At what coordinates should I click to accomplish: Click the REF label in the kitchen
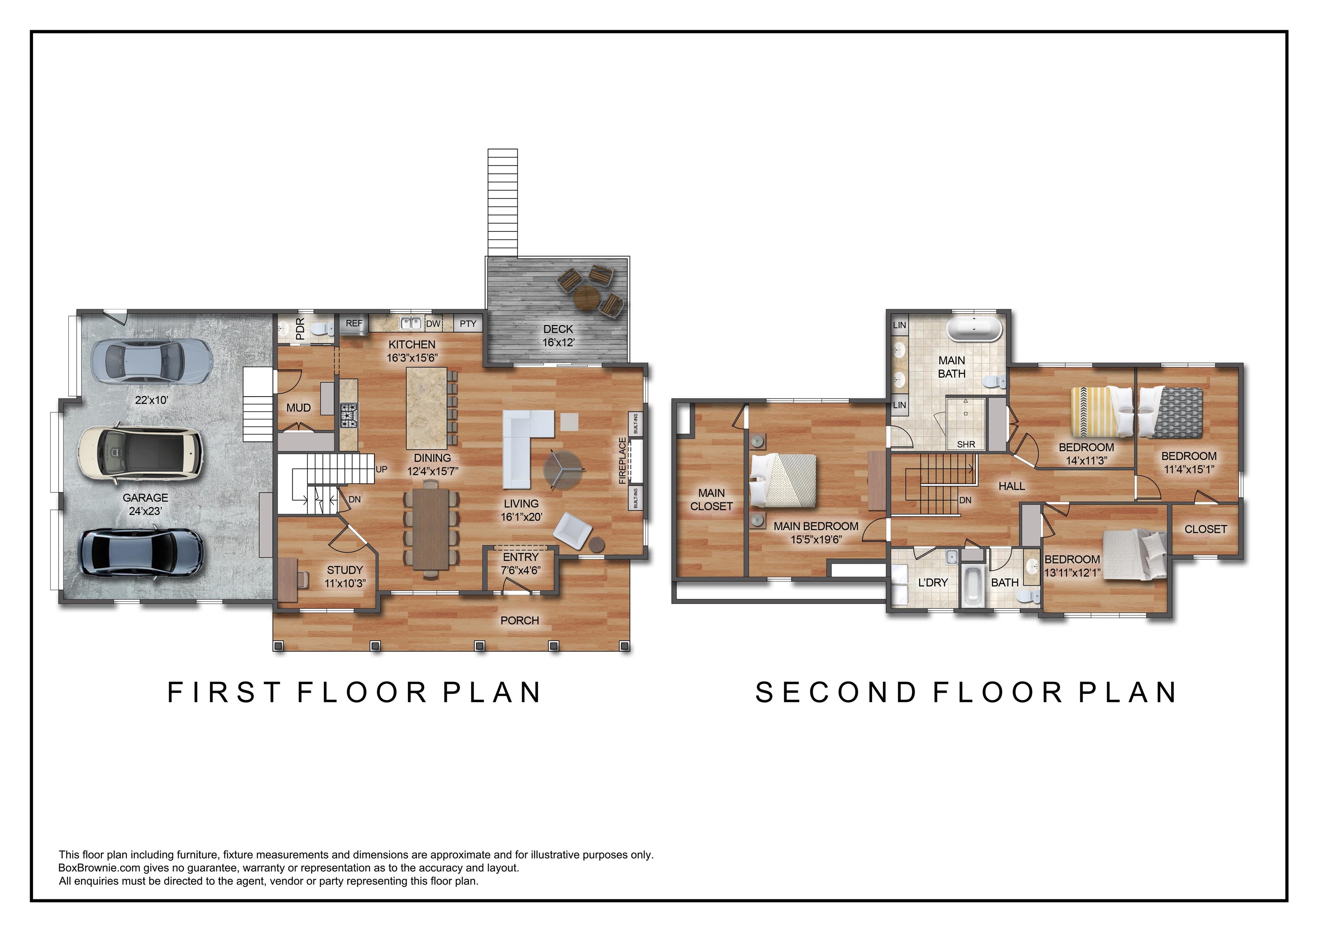(x=354, y=323)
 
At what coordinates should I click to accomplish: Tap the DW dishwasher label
(x=433, y=324)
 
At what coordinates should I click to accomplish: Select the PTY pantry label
(x=468, y=324)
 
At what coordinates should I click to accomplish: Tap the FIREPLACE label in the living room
(x=622, y=461)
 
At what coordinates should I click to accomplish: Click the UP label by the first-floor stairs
(x=381, y=469)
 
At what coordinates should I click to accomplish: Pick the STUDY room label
(x=345, y=570)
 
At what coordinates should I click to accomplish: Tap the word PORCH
(x=520, y=620)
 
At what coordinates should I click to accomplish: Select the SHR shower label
(x=966, y=444)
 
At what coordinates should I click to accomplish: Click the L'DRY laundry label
(x=933, y=582)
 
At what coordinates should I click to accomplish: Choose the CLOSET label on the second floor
(x=1206, y=529)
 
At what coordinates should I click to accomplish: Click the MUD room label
(x=299, y=408)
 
